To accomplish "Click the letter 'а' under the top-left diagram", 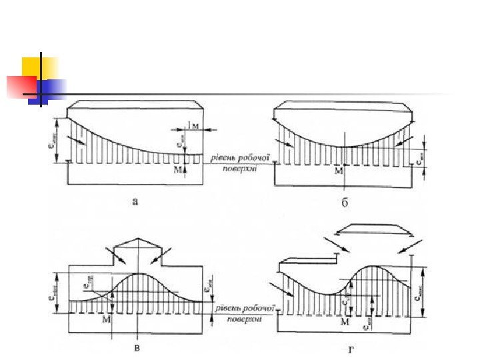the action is [135, 201].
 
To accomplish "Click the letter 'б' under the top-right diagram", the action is [345, 202].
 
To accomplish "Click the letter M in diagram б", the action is [339, 171].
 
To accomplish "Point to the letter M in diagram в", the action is [107, 320].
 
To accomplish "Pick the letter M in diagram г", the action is [345, 323].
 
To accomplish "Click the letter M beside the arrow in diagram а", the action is [177, 171].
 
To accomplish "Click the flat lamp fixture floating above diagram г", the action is [374, 231].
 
